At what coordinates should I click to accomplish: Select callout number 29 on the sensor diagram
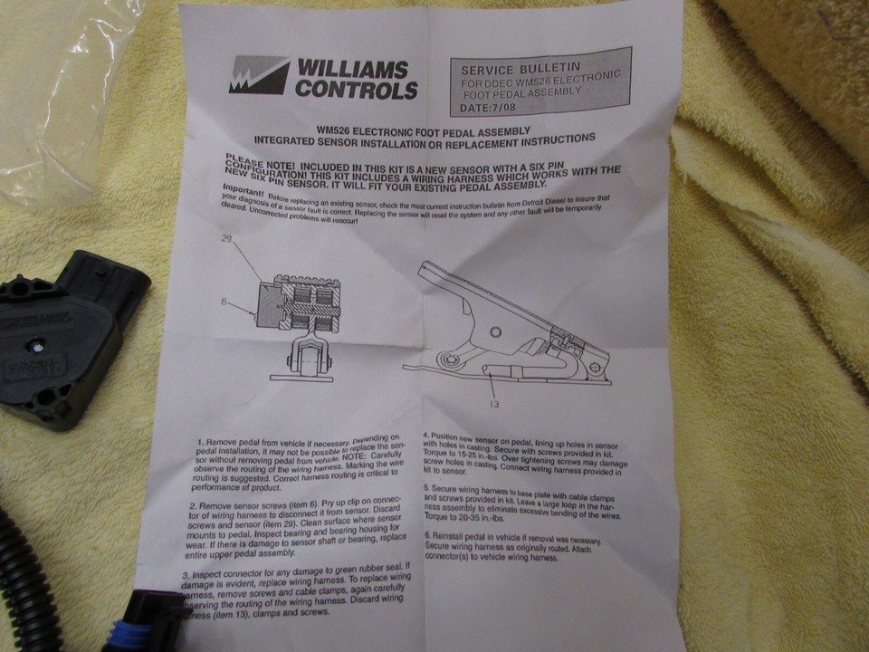coord(227,238)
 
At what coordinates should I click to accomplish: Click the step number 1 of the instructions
coord(200,446)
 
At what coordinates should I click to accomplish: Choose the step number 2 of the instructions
coord(194,503)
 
